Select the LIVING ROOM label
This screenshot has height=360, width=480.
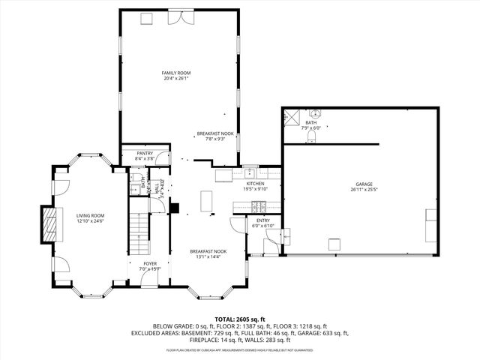[89, 215]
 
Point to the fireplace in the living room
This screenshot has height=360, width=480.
[49, 223]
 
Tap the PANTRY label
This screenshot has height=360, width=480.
[145, 153]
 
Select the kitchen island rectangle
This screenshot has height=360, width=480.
[207, 202]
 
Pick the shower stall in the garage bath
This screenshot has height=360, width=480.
[292, 117]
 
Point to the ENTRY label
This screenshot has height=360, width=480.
[262, 220]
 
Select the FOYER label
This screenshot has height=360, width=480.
[151, 263]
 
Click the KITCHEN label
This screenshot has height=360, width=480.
[256, 184]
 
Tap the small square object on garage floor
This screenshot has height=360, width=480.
[334, 242]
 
